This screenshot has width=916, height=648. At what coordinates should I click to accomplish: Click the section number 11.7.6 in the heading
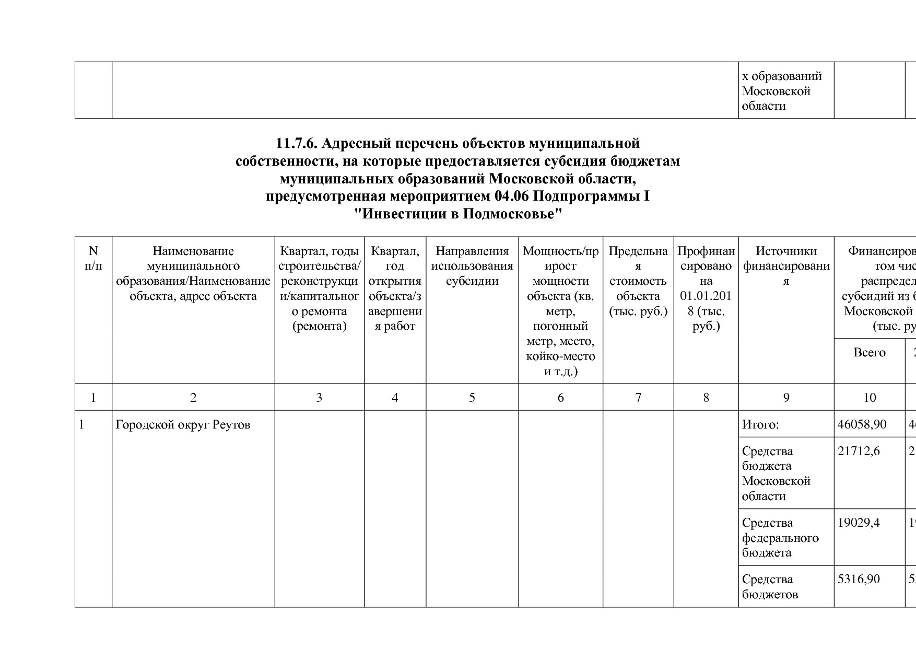[x=296, y=143]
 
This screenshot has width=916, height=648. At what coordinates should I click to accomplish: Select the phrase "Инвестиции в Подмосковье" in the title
[x=457, y=214]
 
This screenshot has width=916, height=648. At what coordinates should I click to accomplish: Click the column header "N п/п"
[x=93, y=258]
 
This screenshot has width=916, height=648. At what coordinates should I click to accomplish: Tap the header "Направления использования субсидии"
[x=472, y=266]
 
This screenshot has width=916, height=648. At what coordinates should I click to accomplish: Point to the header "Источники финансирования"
[x=786, y=266]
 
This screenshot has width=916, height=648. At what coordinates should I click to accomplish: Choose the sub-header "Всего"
[x=869, y=353]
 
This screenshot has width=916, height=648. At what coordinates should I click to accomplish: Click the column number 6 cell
[x=560, y=398]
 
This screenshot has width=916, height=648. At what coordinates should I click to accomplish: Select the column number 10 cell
[x=869, y=398]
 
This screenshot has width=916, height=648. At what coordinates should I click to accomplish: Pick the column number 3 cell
[x=319, y=398]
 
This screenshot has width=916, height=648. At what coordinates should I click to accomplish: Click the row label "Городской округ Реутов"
[x=183, y=425]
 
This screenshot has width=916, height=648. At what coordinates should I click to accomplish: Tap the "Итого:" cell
[x=760, y=425]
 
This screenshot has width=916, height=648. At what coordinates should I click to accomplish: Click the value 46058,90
[x=862, y=424]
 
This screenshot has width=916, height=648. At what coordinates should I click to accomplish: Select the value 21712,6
[x=859, y=451]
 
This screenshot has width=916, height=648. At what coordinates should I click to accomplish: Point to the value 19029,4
[x=859, y=523]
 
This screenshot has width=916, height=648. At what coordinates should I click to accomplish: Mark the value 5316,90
[x=859, y=579]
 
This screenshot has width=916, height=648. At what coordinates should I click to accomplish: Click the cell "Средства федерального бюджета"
[x=780, y=538]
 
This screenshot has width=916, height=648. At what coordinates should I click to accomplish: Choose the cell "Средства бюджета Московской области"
[x=776, y=473]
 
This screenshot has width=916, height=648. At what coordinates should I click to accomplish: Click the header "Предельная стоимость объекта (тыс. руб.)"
[x=638, y=281]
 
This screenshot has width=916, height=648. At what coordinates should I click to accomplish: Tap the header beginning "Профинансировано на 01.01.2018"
[x=706, y=288]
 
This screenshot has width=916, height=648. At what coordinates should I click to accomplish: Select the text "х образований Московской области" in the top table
[x=781, y=91]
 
